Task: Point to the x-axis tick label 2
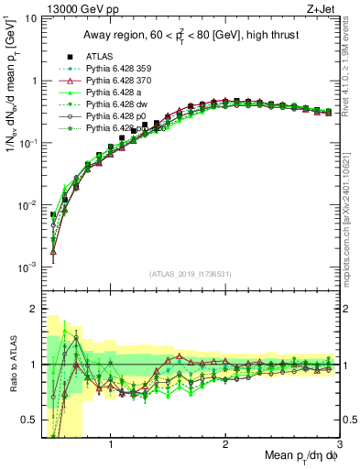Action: click(225, 445)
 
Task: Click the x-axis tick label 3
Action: click(339, 445)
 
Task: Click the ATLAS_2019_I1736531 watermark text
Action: click(190, 275)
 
